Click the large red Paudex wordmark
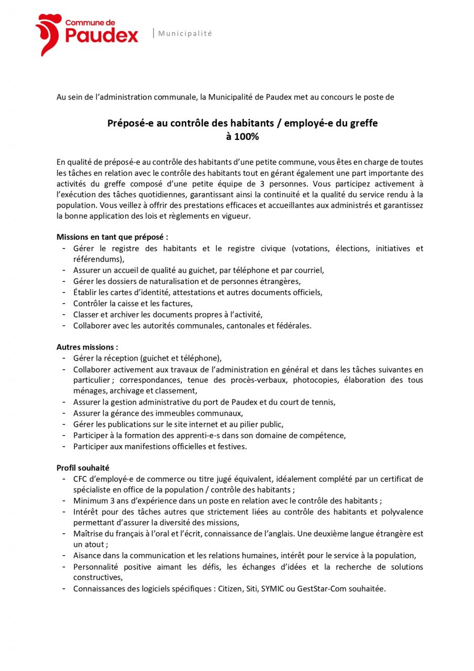(102, 36)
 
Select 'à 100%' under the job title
(242, 137)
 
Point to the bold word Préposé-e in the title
(128, 124)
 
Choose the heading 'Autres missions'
(87, 347)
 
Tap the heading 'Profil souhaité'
(83, 468)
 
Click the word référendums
(98, 259)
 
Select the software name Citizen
(230, 589)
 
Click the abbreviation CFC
(81, 479)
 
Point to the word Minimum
(91, 501)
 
